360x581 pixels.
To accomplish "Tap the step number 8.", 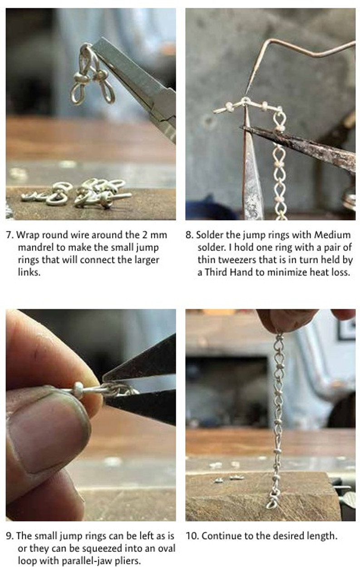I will coord(189,235).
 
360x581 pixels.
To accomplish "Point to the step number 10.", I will coord(192,536).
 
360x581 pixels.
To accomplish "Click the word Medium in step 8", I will coord(334,235).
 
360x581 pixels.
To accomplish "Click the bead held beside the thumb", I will coord(79,390).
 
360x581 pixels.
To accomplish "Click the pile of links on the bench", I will coord(77,193).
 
